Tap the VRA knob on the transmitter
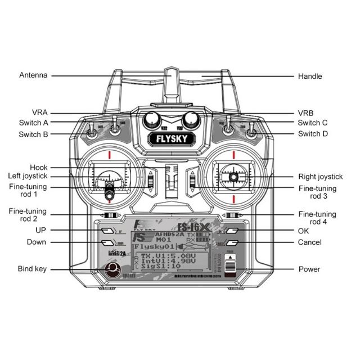(x=150, y=119)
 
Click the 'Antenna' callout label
(x=33, y=75)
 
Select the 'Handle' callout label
(x=310, y=76)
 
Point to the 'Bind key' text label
(x=32, y=269)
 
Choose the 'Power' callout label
(x=309, y=269)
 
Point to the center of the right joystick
(x=231, y=177)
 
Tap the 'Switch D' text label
(x=313, y=134)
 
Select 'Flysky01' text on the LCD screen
(x=152, y=246)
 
